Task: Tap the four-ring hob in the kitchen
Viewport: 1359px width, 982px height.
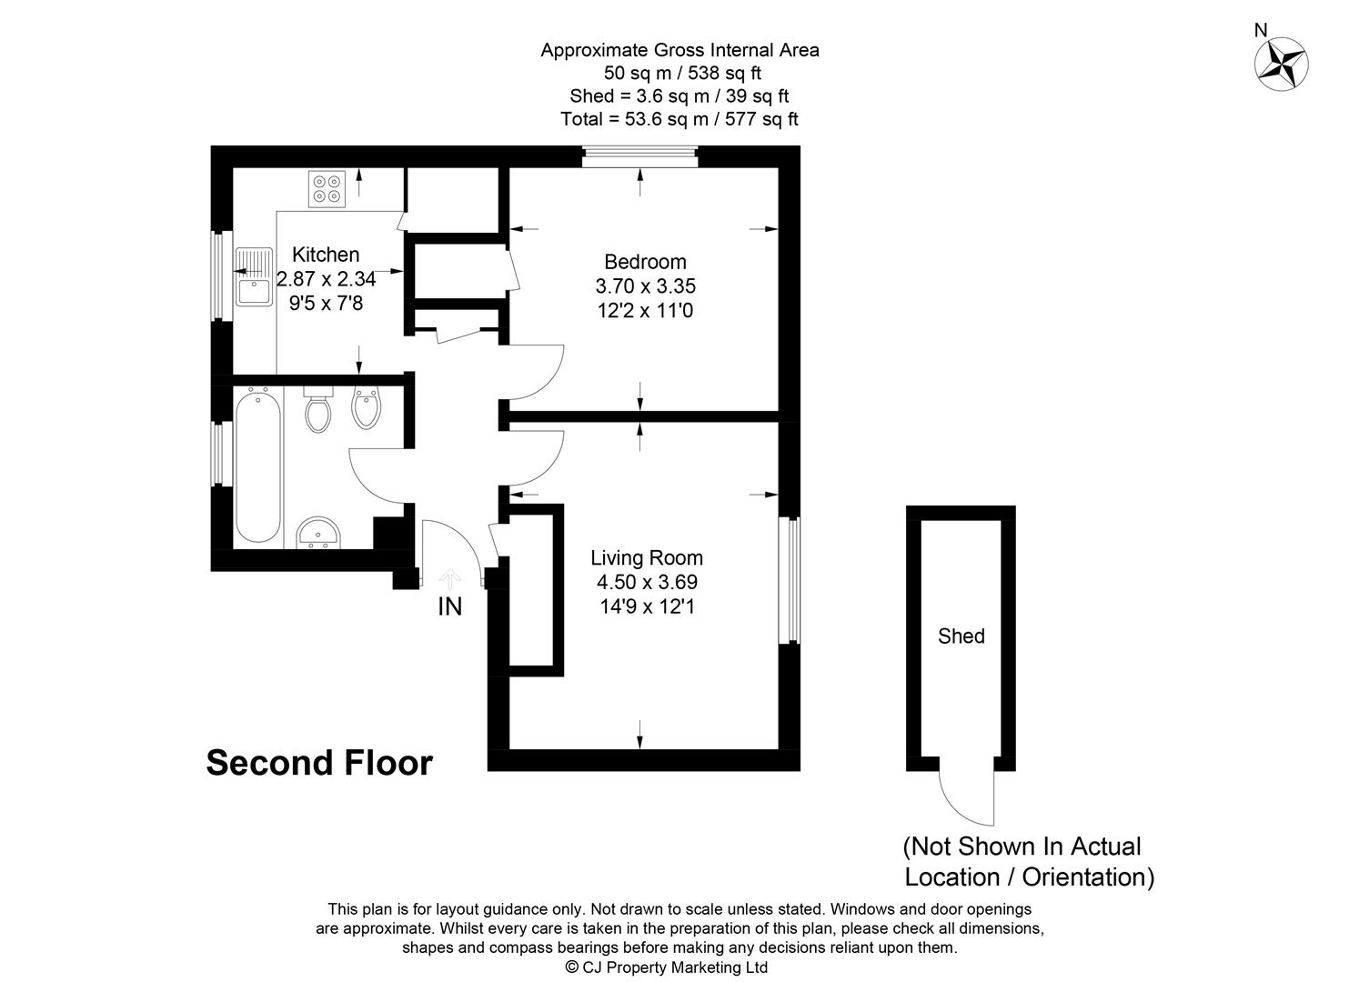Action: point(327,188)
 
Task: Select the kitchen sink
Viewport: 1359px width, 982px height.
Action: point(253,278)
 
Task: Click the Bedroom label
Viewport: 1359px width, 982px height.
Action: point(645,262)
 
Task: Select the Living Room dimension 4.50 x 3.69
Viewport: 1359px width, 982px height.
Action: point(647,582)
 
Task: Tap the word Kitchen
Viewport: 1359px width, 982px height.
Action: point(326,255)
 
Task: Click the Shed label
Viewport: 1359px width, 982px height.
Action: point(961,636)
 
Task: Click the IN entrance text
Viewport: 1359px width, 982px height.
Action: point(449,606)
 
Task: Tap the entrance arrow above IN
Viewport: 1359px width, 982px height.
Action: point(449,578)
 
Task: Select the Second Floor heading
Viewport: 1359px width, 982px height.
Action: point(319,763)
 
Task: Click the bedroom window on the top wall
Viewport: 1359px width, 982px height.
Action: point(639,156)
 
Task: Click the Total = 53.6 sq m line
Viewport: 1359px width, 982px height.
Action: point(679,119)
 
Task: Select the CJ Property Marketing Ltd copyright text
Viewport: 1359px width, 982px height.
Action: point(666,967)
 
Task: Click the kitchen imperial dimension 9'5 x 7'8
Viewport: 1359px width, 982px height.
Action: point(326,304)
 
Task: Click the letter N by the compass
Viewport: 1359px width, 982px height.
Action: point(1260,30)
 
